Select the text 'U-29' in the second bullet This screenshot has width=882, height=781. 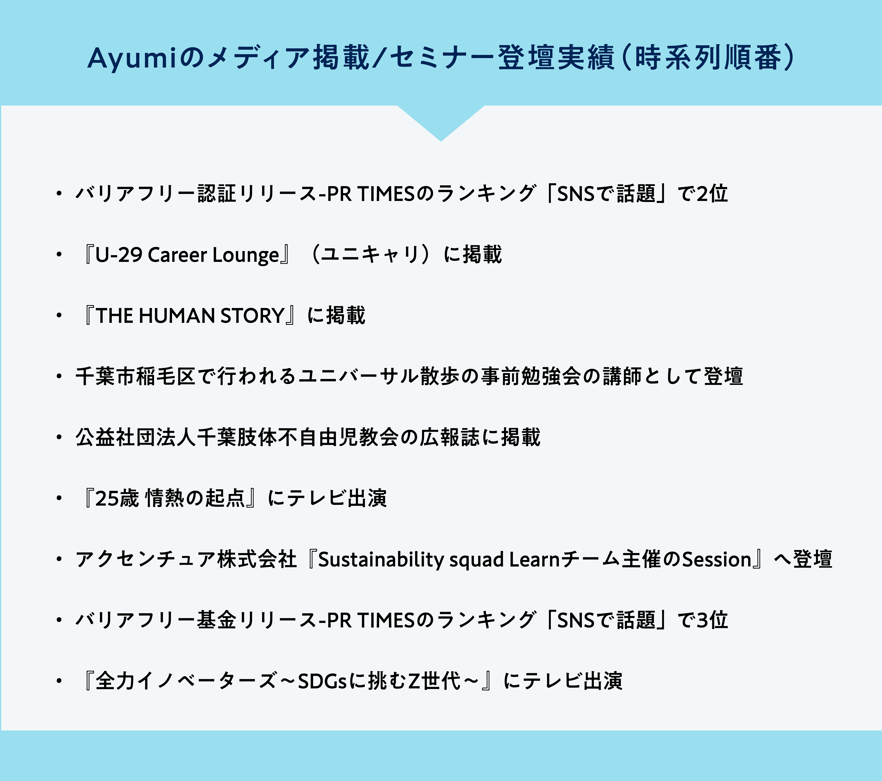tap(119, 255)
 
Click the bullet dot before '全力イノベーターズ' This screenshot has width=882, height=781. tap(59, 681)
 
